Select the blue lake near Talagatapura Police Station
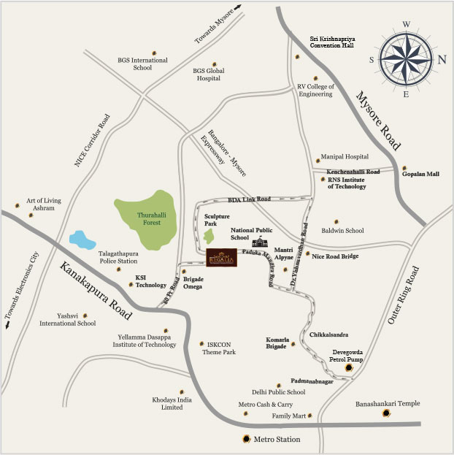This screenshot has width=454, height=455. coord(81,239)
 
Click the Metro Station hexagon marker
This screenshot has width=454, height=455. coord(246,440)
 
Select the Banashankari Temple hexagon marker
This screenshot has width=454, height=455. coord(385,415)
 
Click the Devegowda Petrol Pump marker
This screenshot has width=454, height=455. coord(350,367)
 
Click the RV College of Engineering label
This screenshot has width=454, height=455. coord(315,90)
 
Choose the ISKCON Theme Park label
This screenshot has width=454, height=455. coord(218,348)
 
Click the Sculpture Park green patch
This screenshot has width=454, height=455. coord(209,236)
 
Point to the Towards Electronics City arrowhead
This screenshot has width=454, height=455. coord(8,326)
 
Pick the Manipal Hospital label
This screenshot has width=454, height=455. coord(345,157)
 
